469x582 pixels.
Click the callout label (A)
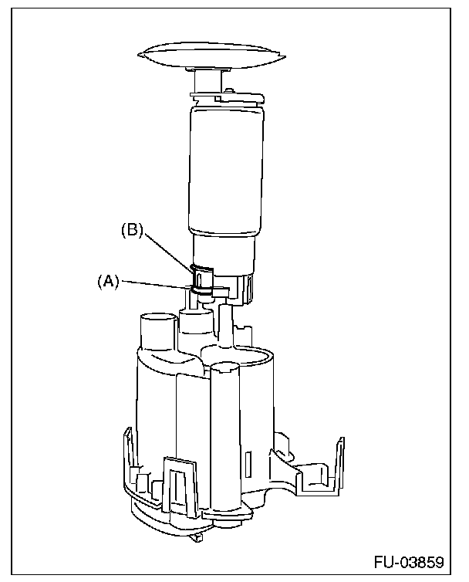click(107, 282)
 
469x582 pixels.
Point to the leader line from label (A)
click(154, 286)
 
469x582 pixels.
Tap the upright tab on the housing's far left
click(127, 455)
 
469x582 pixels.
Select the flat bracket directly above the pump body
click(224, 96)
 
